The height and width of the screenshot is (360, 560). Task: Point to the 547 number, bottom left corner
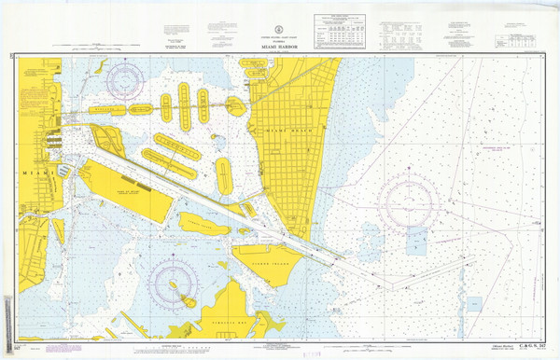pyautogui.click(x=9, y=346)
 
